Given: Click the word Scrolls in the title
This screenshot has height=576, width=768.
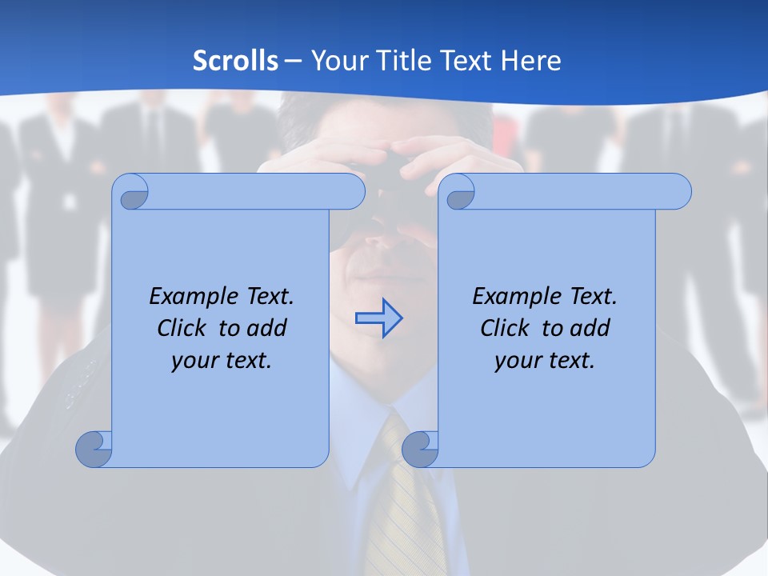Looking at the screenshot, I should (x=235, y=61).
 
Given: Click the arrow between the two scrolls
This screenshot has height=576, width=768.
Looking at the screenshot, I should (x=378, y=318).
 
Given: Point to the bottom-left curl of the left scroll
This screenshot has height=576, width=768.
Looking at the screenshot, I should (x=94, y=449).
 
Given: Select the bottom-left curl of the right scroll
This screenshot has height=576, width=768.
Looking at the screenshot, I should (x=419, y=449).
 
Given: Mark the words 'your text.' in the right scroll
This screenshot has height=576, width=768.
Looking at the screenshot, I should (x=545, y=361).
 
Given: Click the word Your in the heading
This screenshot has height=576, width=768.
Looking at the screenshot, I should (x=338, y=61).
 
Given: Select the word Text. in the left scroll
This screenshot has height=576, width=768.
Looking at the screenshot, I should (x=266, y=297).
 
